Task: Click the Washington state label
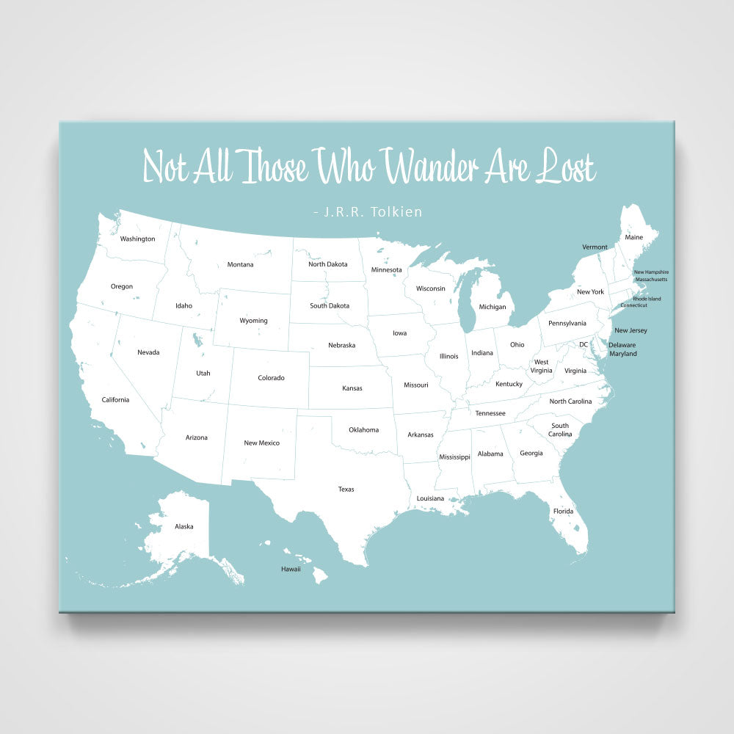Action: tap(137, 239)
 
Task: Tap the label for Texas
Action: tap(346, 489)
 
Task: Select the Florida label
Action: tap(563, 511)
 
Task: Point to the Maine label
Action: tap(633, 237)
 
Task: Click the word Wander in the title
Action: tap(432, 167)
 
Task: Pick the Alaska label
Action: tap(184, 526)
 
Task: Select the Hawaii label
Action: tap(291, 569)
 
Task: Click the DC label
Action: tap(584, 344)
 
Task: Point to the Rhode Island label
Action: tap(647, 299)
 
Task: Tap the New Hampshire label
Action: tap(651, 272)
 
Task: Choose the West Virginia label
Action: tap(542, 366)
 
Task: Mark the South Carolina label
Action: tap(560, 429)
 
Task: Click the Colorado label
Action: tap(271, 378)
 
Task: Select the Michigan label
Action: tap(493, 307)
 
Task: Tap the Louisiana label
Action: tap(430, 498)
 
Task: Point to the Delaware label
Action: tap(622, 345)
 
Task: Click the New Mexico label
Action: tap(261, 443)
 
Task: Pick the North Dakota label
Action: tap(327, 264)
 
